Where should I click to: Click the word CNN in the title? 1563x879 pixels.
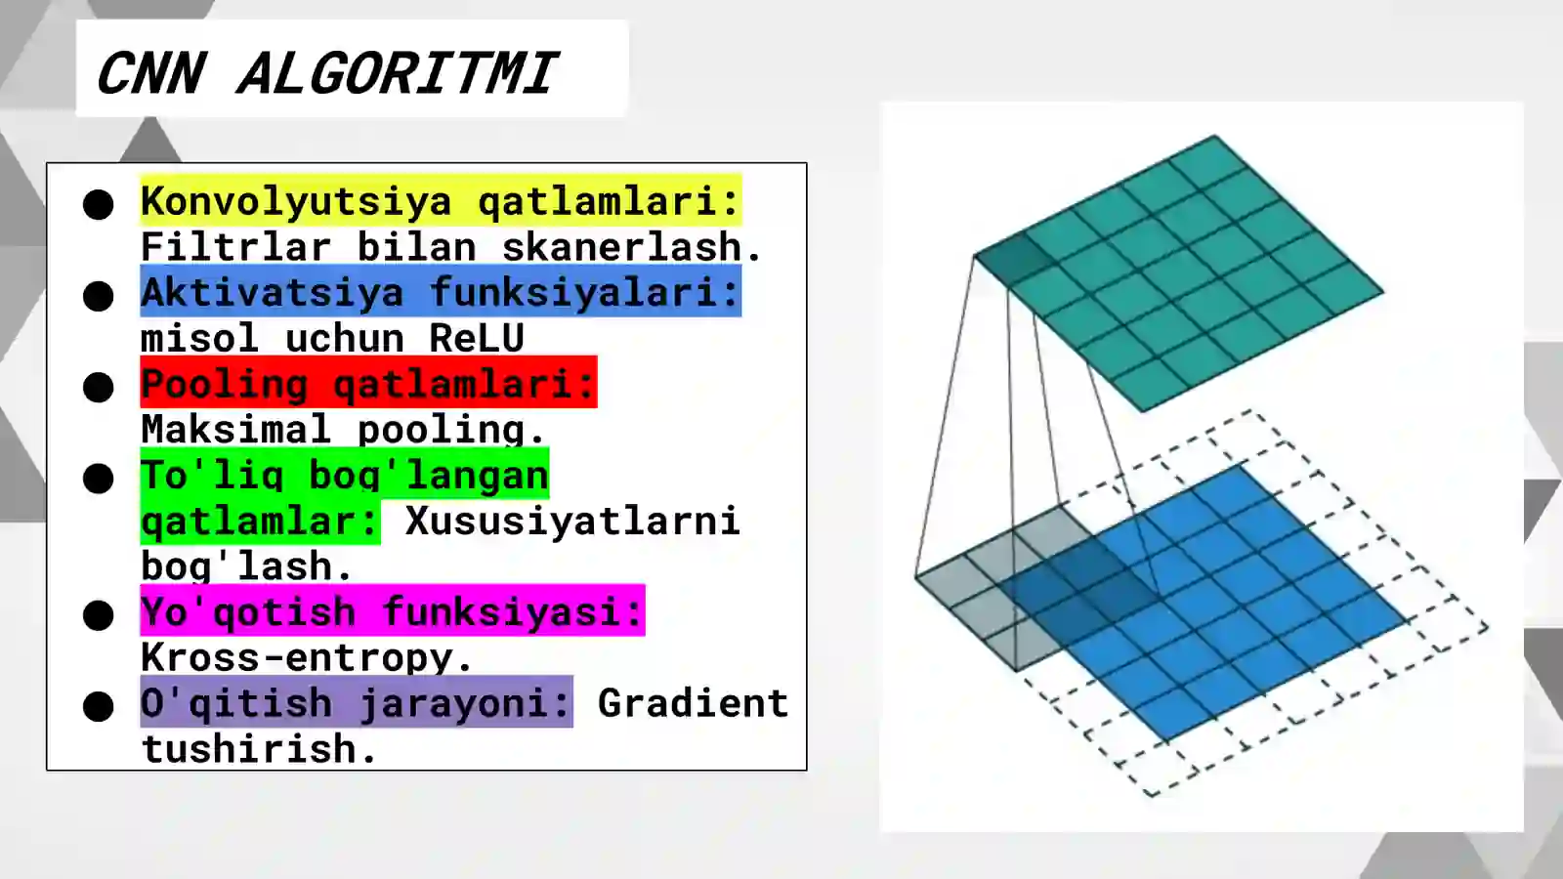click(x=151, y=73)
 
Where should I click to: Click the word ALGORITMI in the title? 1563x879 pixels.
click(x=396, y=73)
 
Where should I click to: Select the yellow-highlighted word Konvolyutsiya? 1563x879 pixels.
click(x=296, y=200)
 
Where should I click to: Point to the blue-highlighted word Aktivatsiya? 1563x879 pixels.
click(x=273, y=292)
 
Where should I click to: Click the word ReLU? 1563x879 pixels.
click(x=477, y=338)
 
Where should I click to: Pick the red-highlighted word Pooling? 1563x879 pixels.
click(x=225, y=384)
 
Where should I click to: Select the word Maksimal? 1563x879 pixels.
click(x=235, y=429)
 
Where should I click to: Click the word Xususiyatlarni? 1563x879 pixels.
click(x=572, y=521)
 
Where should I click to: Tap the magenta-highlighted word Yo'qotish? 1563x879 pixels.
click(x=248, y=611)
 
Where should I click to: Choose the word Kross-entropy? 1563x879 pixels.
click(x=306, y=657)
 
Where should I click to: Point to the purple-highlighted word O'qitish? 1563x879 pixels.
click(x=236, y=703)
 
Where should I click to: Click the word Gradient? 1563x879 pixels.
click(x=693, y=703)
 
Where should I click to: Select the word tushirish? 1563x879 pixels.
click(x=259, y=749)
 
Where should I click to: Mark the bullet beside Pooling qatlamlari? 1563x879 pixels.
click(x=99, y=387)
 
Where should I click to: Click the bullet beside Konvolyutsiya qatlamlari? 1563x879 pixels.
click(x=99, y=204)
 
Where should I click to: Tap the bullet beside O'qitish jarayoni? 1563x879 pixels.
click(x=99, y=706)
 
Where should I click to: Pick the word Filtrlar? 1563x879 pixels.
click(x=235, y=246)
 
